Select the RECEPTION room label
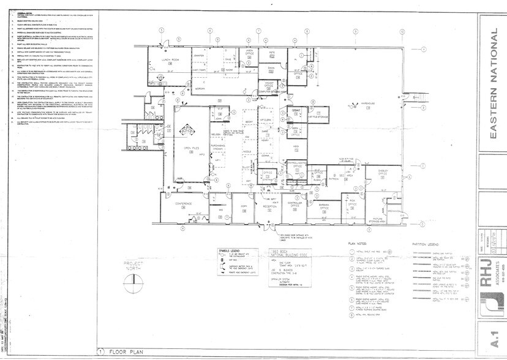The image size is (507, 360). (270, 207)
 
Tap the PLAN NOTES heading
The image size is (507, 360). (361, 243)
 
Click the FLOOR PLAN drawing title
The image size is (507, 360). (127, 353)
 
